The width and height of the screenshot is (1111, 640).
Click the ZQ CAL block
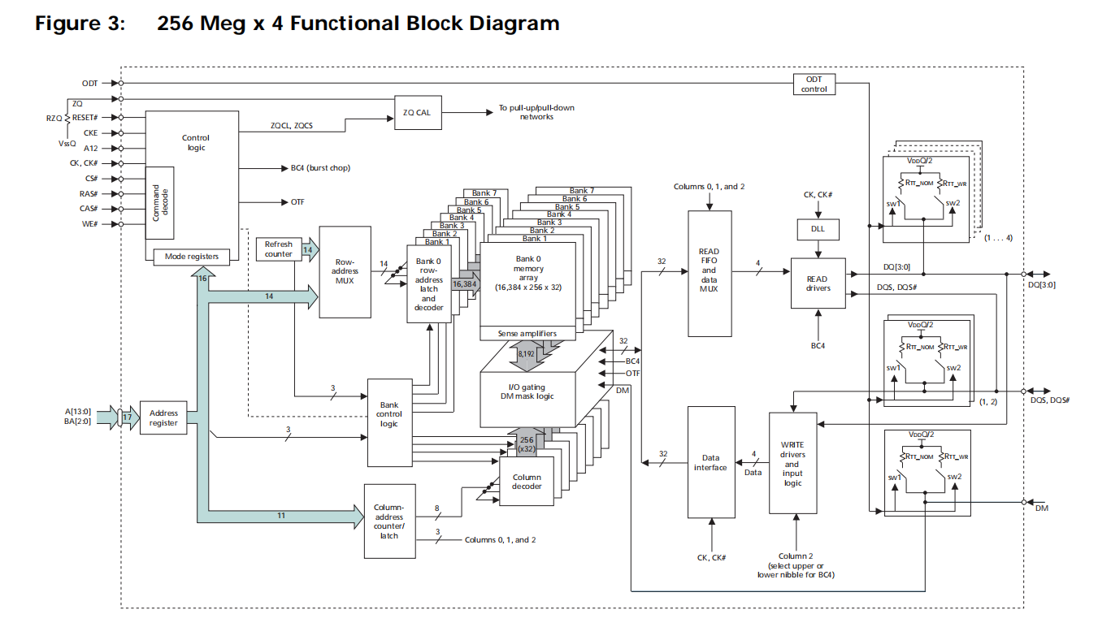pyautogui.click(x=418, y=112)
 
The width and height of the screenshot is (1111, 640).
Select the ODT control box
pyautogui.click(x=814, y=84)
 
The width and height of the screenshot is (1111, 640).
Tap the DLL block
pyautogui.click(x=818, y=229)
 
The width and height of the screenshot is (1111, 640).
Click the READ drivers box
pyautogui.click(x=818, y=283)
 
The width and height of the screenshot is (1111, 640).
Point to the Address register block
pyautogui.click(x=163, y=417)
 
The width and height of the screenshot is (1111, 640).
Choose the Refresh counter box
pyautogui.click(x=278, y=249)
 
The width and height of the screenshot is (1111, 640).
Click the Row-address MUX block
pyautogui.click(x=345, y=271)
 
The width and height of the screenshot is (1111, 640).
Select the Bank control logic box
pyautogui.click(x=389, y=414)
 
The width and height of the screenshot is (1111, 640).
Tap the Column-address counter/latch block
pyautogui.click(x=389, y=521)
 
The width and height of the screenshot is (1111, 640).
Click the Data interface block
pyautogui.click(x=710, y=461)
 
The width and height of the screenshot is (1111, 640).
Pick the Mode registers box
pyautogui.click(x=192, y=257)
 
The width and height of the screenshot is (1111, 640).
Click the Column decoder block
pyautogui.click(x=527, y=481)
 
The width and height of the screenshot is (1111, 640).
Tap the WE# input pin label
pyautogui.click(x=89, y=224)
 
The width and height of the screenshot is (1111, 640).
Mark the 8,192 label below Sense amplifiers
pyautogui.click(x=526, y=354)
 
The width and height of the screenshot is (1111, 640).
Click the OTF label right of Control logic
pyautogui.click(x=297, y=201)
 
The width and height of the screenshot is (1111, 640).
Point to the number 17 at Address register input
pyautogui.click(x=127, y=417)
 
